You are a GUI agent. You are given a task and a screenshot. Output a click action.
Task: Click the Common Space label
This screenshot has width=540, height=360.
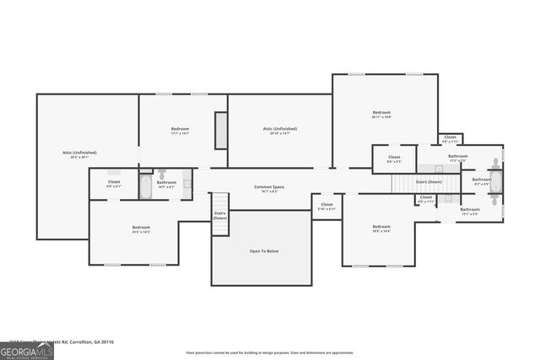click(269, 188)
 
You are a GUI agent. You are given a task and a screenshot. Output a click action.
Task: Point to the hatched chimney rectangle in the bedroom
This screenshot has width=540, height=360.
click(221, 131)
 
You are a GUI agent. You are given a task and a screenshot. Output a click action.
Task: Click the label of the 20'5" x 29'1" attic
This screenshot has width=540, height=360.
click(79, 154)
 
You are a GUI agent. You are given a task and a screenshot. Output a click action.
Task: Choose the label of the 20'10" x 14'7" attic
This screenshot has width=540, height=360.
click(279, 131)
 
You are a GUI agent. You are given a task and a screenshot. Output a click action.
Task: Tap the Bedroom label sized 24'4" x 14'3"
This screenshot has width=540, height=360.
click(140, 229)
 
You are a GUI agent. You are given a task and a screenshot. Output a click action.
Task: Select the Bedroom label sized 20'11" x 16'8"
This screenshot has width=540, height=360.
click(381, 115)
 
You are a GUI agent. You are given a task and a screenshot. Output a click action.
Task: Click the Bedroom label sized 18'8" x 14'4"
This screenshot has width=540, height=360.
click(381, 228)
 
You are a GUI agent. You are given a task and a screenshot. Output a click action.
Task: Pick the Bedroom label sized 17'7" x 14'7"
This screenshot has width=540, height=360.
click(180, 131)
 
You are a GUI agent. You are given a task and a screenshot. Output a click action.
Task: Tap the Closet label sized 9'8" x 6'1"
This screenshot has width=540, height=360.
click(114, 184)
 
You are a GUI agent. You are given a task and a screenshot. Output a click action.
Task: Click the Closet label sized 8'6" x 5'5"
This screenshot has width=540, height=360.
click(394, 159)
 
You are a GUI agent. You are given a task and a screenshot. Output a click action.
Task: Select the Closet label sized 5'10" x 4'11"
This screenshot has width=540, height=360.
click(326, 206)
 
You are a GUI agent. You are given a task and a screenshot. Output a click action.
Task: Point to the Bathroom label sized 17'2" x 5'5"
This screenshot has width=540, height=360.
click(458, 158)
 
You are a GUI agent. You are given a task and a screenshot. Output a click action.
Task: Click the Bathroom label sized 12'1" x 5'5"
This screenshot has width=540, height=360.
click(469, 211)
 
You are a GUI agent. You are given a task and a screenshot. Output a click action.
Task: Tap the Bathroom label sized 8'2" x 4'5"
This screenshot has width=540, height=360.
click(481, 180)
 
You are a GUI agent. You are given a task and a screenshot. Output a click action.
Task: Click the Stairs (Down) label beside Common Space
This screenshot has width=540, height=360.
click(219, 215)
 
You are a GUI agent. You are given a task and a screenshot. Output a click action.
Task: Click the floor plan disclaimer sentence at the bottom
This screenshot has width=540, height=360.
click(268, 352)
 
